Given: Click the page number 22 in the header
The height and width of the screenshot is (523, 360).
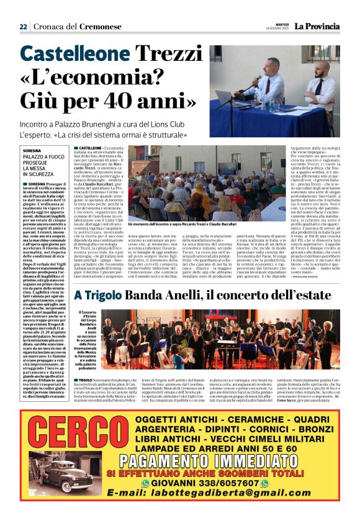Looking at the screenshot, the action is coord(23,27).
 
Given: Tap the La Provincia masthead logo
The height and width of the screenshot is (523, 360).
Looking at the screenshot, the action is coord(317,26).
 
